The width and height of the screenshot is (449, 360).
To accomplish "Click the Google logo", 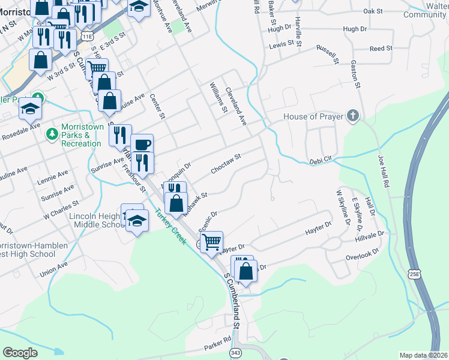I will [x=20, y=353].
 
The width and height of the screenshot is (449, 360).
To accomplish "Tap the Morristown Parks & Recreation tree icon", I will [x=52, y=133].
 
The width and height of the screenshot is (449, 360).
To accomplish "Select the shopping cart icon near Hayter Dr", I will [x=211, y=242].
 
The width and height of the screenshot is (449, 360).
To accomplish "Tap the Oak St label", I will [x=373, y=11].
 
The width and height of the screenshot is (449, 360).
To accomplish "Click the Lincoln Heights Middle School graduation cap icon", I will [x=137, y=221].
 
